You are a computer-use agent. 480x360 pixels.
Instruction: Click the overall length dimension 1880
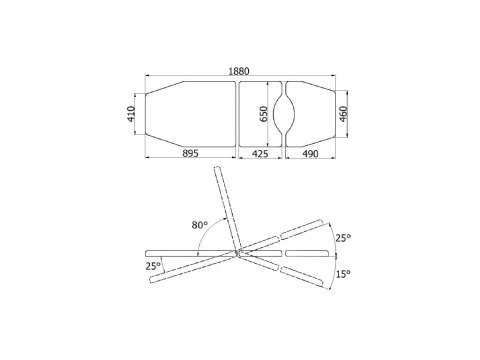pos(239,71)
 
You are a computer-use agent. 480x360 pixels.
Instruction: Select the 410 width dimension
pos(131,114)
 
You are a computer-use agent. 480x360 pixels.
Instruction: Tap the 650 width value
pos(263,114)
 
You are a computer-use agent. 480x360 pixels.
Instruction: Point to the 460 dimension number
pos(343,114)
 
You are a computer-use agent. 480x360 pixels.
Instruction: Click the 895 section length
pos(190,153)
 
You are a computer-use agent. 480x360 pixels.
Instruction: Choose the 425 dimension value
pos(260,153)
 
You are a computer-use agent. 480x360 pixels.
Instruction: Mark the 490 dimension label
pos(310,153)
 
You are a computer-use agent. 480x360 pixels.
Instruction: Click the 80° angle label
pos(199,225)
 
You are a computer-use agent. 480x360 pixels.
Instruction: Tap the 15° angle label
pos(343,274)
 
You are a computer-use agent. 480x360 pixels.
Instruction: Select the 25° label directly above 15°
pos(343,238)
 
